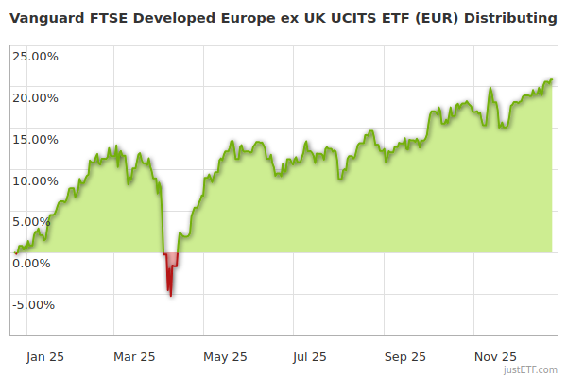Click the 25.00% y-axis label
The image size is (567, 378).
coord(35,56)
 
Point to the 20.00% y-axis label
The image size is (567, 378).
coord(35,97)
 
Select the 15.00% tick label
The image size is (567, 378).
coord(35,139)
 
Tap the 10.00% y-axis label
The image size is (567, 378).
coord(35,180)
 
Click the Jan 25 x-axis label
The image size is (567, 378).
coord(44,357)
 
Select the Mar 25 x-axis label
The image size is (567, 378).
coord(133,357)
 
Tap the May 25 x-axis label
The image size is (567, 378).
coord(225,357)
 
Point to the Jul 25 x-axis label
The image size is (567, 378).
coord(310,357)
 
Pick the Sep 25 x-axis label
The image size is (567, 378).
coord(404,357)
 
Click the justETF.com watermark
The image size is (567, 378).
coord(531,370)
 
